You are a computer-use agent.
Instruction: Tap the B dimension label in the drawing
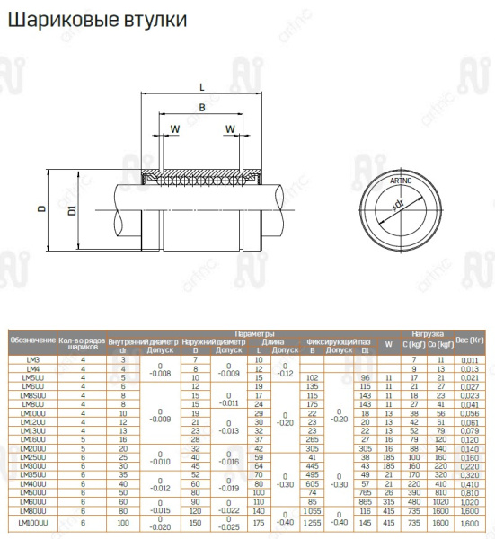coord(201,108)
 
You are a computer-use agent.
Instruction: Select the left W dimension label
coord(174,129)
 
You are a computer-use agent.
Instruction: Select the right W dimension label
coord(231,129)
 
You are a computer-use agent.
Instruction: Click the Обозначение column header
coord(32,341)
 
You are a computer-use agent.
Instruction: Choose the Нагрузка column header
coord(427,333)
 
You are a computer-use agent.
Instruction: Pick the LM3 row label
coord(32,360)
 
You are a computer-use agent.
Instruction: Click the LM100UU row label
coord(32,522)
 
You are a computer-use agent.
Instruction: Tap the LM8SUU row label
coord(32,395)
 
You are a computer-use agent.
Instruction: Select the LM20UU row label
coord(32,448)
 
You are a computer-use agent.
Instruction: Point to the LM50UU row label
coord(32,492)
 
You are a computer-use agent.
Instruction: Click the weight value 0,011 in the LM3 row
coord(469,360)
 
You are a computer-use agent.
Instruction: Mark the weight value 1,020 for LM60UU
coord(469,501)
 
